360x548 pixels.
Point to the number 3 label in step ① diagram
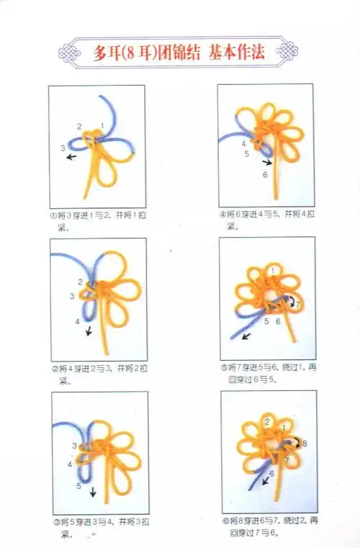pos(63,148)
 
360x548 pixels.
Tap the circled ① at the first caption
pos(53,215)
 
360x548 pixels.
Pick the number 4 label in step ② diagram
pos(77,321)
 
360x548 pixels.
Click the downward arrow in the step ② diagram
pos(88,331)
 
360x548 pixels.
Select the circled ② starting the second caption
pos(53,368)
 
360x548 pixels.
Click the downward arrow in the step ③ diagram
pos(93,493)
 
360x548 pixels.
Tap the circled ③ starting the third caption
pos(54,521)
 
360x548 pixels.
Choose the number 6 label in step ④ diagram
pos(264,174)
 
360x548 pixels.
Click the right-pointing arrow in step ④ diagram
pos(267,162)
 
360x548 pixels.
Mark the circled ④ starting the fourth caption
pos(222,215)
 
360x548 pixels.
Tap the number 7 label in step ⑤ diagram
pos(298,305)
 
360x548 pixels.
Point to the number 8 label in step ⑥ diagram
pos(305,443)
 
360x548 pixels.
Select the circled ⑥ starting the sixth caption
pos(224,521)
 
